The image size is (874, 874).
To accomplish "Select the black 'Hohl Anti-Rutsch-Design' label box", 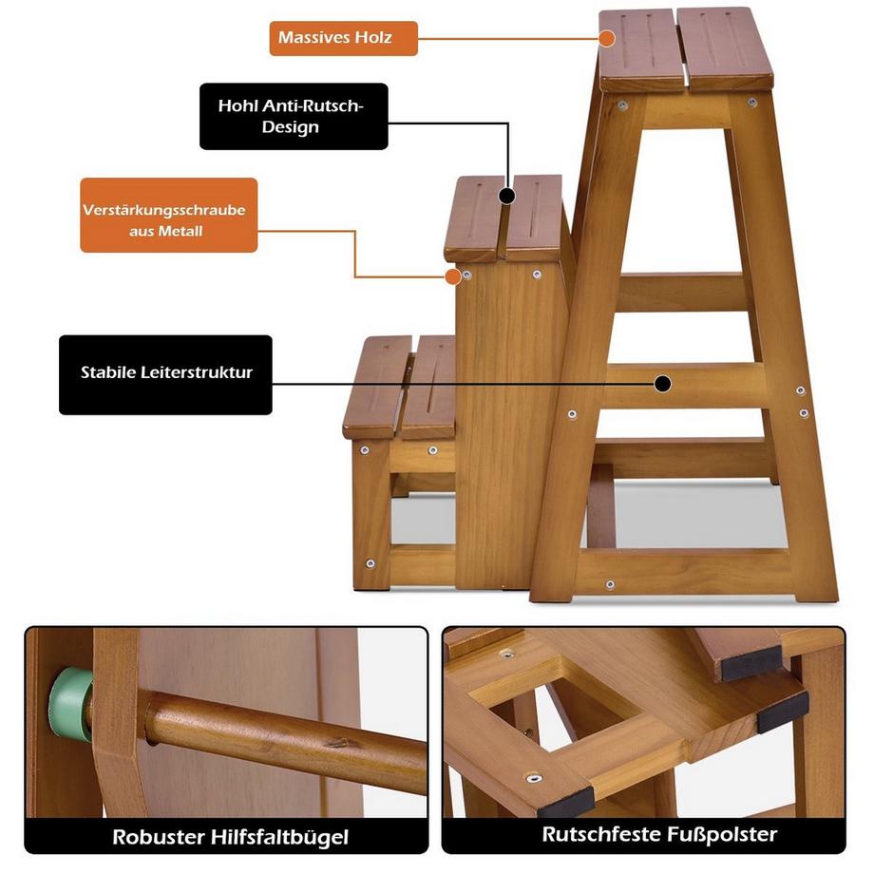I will tap(294, 116).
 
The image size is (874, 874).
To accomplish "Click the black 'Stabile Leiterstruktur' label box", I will tap(165, 374).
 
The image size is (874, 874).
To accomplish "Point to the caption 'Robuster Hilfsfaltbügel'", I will tap(230, 837).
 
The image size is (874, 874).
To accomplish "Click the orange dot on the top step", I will tap(608, 39).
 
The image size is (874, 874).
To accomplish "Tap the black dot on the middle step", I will tap(507, 197).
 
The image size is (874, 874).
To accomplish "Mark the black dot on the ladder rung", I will tap(663, 384).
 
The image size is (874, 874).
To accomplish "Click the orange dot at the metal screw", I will tap(453, 277).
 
